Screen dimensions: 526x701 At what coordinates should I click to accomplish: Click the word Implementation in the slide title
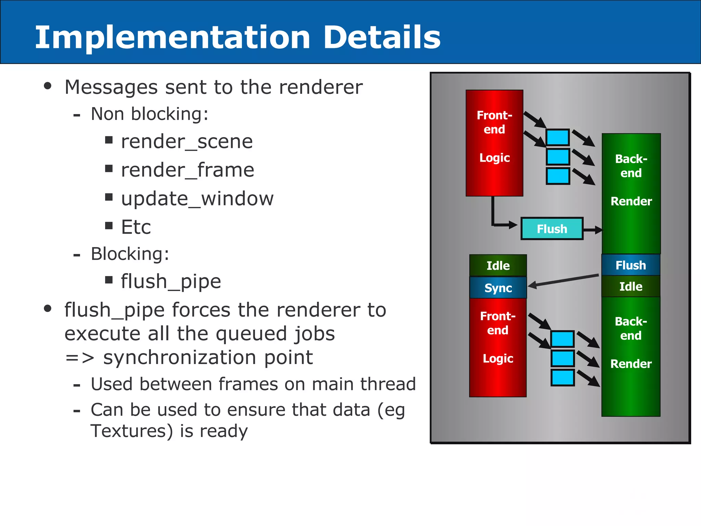[x=173, y=38]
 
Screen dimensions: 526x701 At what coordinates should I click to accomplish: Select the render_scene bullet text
[x=187, y=141]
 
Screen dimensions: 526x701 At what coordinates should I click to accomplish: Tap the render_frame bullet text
[x=188, y=170]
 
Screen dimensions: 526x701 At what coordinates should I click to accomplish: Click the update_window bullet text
[x=197, y=199]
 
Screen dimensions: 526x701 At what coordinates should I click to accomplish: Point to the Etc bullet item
[x=136, y=227]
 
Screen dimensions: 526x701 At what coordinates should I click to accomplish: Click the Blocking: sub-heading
[x=130, y=254]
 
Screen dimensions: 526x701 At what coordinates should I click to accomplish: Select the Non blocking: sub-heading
[x=149, y=114]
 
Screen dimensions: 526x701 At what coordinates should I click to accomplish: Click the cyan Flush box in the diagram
[x=552, y=229]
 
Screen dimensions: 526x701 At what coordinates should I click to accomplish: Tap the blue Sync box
[x=498, y=288]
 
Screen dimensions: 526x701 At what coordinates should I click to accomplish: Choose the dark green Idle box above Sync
[x=498, y=265]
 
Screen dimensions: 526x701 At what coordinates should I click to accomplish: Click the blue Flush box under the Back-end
[x=630, y=265]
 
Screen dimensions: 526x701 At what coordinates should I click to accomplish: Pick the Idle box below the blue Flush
[x=630, y=286]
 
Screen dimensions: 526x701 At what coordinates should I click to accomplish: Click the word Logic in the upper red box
[x=494, y=158]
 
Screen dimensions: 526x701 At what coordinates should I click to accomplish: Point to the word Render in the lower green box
[x=630, y=364]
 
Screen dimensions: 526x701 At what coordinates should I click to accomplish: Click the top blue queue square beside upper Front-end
[x=558, y=138]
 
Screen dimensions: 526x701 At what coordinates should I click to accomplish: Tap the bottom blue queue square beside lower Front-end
[x=562, y=377]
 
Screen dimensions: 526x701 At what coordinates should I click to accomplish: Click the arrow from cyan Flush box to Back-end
[x=592, y=230]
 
